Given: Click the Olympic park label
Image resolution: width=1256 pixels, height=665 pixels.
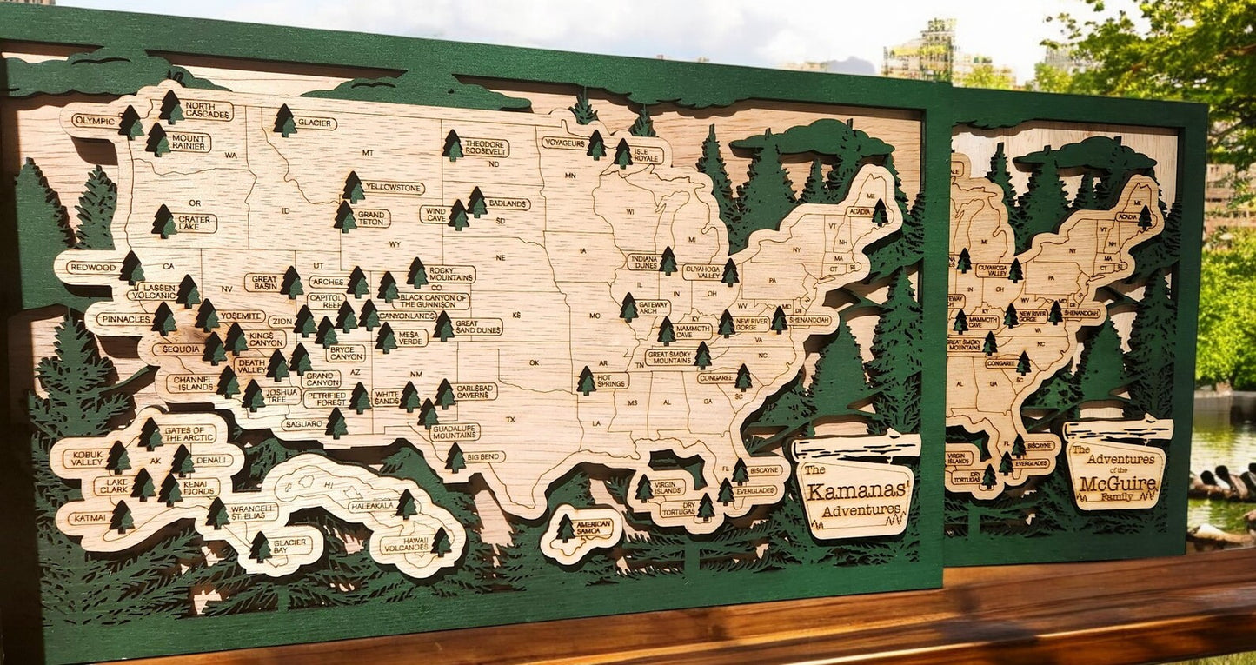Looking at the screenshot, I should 93,121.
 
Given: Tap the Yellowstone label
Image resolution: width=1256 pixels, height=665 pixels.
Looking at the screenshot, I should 394,188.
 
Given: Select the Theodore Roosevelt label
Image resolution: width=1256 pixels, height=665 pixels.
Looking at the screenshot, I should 485,147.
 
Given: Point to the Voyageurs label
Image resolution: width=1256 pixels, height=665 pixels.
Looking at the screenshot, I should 564,143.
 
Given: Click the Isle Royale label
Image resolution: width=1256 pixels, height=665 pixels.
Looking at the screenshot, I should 648,155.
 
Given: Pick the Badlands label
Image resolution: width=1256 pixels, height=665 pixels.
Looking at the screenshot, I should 508,203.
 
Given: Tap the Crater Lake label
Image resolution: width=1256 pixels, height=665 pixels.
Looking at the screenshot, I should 196,223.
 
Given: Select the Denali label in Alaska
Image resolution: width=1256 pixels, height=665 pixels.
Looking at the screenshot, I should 212,460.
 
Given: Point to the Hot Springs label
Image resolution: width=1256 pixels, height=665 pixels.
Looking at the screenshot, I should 612,380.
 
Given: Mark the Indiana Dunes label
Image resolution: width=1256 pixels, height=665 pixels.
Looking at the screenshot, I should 643,262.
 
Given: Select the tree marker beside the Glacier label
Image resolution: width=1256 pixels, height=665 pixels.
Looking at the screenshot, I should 284,121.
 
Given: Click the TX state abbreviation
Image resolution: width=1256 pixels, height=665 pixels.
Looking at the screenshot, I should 510,420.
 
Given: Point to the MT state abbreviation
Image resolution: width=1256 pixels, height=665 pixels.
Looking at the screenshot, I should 368,153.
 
